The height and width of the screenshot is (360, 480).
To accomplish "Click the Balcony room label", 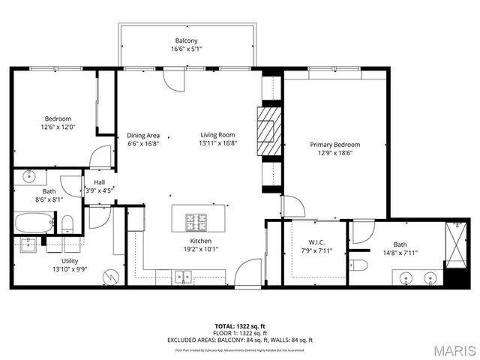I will click(x=187, y=40).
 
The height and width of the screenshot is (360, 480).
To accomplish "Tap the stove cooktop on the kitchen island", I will click(x=198, y=222).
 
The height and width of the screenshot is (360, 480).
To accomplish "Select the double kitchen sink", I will click(x=183, y=277).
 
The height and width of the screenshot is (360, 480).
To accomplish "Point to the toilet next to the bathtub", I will click(x=67, y=223).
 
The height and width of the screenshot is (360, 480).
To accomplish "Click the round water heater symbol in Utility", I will click(x=111, y=276).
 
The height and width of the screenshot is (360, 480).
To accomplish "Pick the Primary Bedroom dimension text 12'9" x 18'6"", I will click(x=335, y=153).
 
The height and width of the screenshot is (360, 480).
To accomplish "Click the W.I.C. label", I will click(x=316, y=242).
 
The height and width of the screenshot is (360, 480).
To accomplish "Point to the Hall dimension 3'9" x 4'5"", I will click(x=99, y=190).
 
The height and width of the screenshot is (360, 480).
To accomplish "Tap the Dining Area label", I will click(x=143, y=135).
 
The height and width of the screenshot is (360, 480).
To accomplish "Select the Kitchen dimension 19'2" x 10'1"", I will click(x=200, y=250).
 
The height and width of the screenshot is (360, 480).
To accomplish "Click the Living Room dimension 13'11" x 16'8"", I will click(x=218, y=143).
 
